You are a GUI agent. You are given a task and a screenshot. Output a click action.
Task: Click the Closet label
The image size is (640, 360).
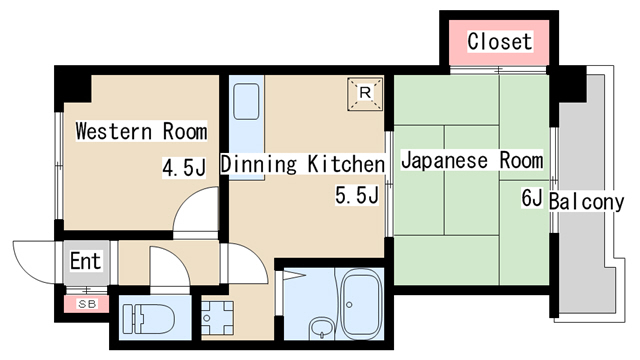pos(500,42)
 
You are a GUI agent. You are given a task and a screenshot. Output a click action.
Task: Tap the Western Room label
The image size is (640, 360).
pos(141,131)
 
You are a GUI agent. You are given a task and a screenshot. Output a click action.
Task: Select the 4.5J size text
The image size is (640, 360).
pos(184,168)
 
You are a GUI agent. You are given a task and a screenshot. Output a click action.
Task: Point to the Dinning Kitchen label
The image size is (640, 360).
pos(303,164)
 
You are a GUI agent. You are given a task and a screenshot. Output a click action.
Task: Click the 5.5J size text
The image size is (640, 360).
pos(357,195)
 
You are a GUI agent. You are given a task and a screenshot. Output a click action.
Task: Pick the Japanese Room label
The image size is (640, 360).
pos(472,160)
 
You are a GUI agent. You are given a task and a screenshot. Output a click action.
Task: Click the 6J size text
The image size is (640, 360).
pos(532,199)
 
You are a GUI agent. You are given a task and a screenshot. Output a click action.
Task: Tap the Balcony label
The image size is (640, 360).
pos(587,202)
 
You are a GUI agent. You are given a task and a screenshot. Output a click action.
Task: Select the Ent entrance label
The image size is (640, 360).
pos(85,261)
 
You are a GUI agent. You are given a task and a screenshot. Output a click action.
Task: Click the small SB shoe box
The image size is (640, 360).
pos(87,304)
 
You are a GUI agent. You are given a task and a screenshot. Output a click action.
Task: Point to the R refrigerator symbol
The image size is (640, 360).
pos(365,94)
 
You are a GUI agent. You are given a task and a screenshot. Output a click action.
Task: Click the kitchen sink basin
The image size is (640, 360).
pos(246,101)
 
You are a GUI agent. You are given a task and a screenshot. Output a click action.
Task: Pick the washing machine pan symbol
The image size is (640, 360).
pos(218,318)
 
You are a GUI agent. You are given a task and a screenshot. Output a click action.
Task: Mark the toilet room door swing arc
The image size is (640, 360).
pos(178,257)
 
